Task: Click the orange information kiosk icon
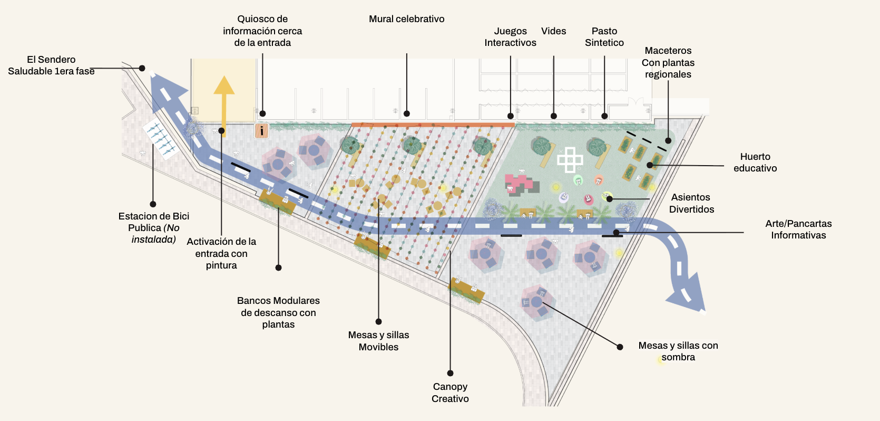[x=262, y=131]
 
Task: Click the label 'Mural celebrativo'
[x=407, y=19]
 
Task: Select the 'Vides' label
[x=553, y=31]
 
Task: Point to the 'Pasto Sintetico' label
[x=604, y=37]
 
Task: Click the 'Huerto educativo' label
[x=755, y=162]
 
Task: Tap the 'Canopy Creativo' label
[x=450, y=393]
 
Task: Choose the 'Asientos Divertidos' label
[x=691, y=204]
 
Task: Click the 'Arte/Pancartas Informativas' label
[x=798, y=229]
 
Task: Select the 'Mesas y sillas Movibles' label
[x=378, y=341]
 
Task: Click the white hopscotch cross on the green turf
[x=570, y=160]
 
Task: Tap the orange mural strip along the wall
[x=433, y=125]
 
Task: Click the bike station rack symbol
[x=161, y=139]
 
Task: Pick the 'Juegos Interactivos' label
[x=510, y=37]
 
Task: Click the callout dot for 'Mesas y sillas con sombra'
[x=620, y=347]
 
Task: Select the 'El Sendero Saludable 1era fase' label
[x=51, y=65]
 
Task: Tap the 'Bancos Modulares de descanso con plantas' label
[x=278, y=312]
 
